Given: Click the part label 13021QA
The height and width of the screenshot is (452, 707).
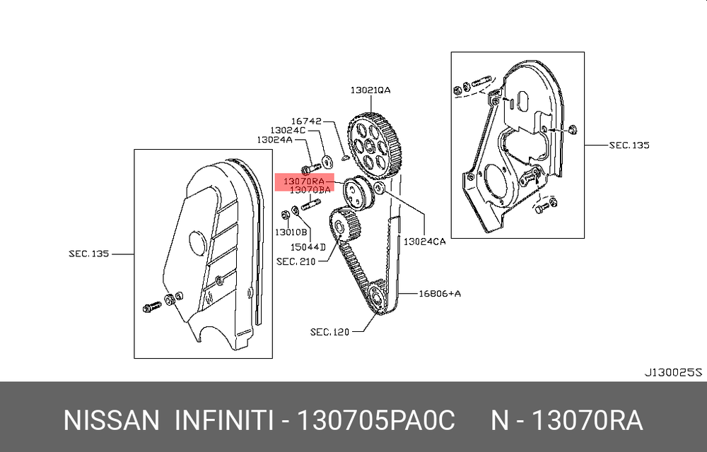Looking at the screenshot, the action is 370,90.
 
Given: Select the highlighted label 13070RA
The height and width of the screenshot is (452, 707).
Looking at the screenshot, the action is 303,182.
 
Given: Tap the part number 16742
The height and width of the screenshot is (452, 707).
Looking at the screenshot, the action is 306,121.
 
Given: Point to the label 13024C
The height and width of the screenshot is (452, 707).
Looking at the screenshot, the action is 288,131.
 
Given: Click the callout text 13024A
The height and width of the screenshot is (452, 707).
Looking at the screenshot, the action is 274,140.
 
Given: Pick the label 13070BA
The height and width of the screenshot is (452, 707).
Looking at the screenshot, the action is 310,190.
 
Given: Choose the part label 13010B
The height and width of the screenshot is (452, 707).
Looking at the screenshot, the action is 291,232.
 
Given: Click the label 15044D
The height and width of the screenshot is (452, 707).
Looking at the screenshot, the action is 308,247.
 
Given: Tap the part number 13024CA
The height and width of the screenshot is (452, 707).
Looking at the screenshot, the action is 424,242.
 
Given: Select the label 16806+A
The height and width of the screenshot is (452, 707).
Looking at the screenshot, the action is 440,294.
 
